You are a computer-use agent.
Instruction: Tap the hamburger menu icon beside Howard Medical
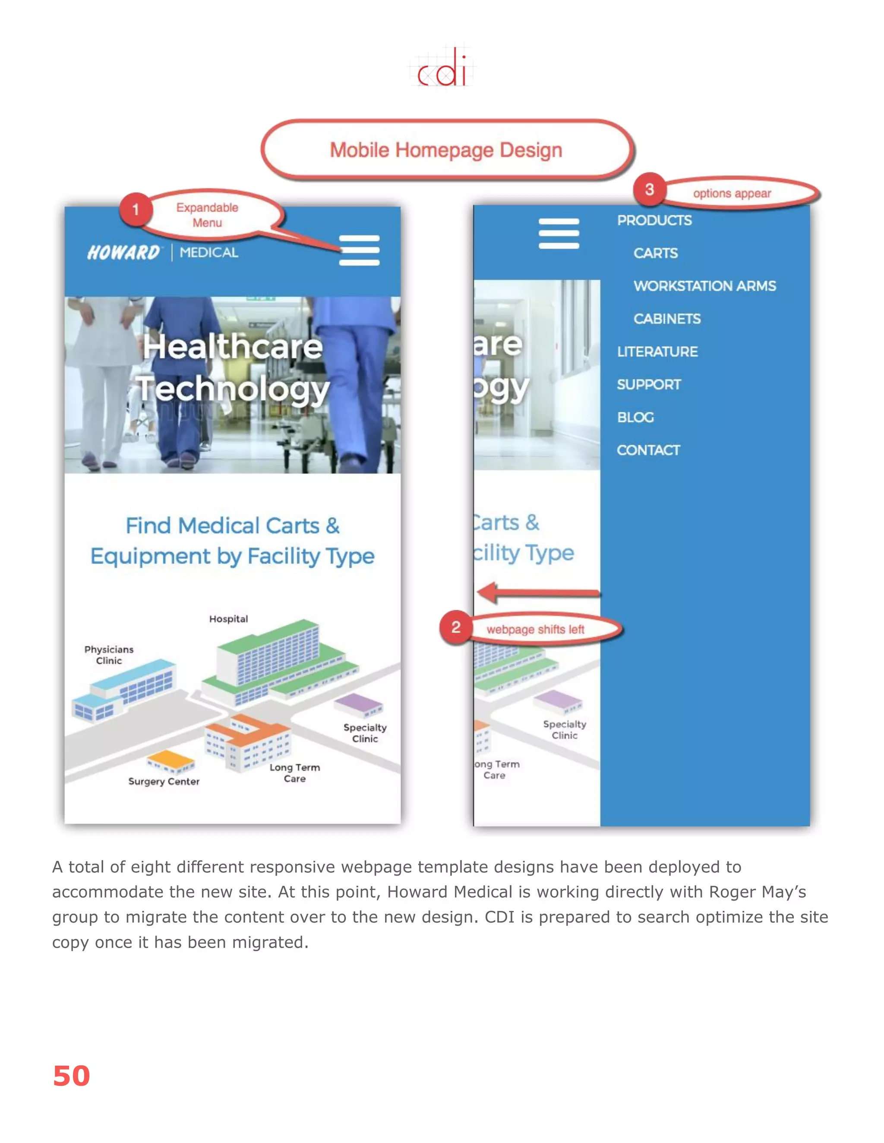coord(359,250)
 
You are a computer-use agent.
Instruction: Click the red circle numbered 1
coord(136,209)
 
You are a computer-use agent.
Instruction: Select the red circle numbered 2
coord(456,628)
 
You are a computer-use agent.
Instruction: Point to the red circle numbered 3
coord(649,189)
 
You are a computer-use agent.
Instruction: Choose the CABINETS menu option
coord(666,319)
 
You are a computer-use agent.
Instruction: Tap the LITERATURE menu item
coord(657,352)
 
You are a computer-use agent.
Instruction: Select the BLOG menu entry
coord(635,418)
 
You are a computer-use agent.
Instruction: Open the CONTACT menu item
coord(648,450)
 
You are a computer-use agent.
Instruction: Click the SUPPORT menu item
coord(649,385)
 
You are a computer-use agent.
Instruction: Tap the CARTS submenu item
coord(656,253)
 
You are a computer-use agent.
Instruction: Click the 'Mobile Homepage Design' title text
coord(445,150)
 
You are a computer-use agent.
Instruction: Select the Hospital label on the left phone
coord(228,619)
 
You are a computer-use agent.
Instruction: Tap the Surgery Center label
coord(164,782)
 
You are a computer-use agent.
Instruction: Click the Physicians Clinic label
coord(109,655)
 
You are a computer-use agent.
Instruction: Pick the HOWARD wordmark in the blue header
coord(123,253)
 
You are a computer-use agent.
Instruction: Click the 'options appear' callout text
coord(732,194)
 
